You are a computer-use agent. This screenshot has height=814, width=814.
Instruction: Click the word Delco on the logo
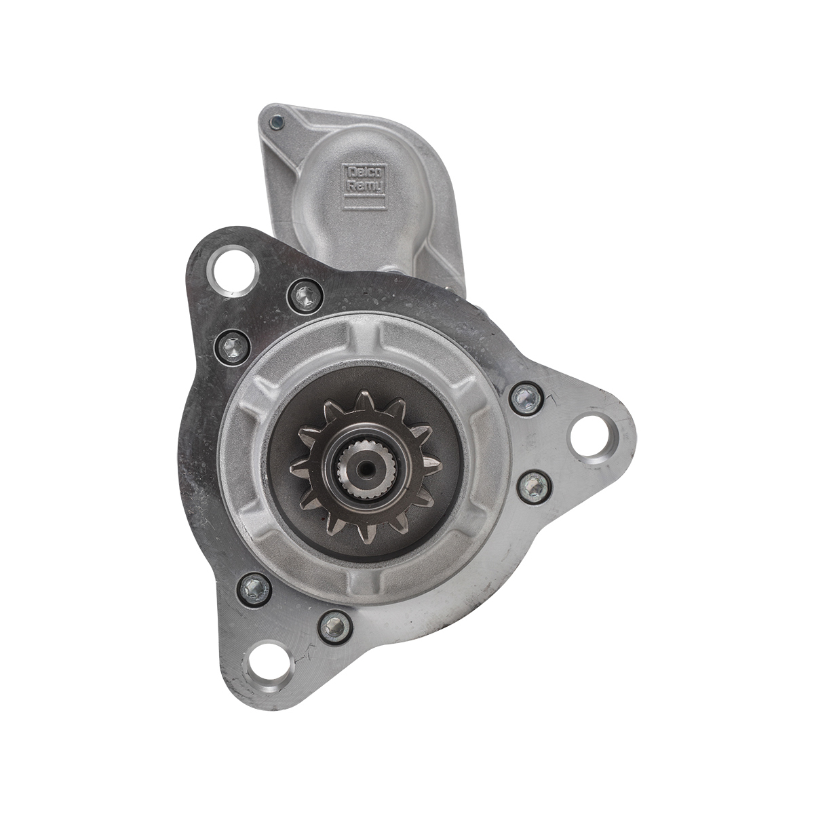(364, 172)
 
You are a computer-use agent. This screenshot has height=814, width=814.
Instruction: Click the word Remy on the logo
(364, 186)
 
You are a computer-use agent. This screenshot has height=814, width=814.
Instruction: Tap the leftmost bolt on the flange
(233, 347)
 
